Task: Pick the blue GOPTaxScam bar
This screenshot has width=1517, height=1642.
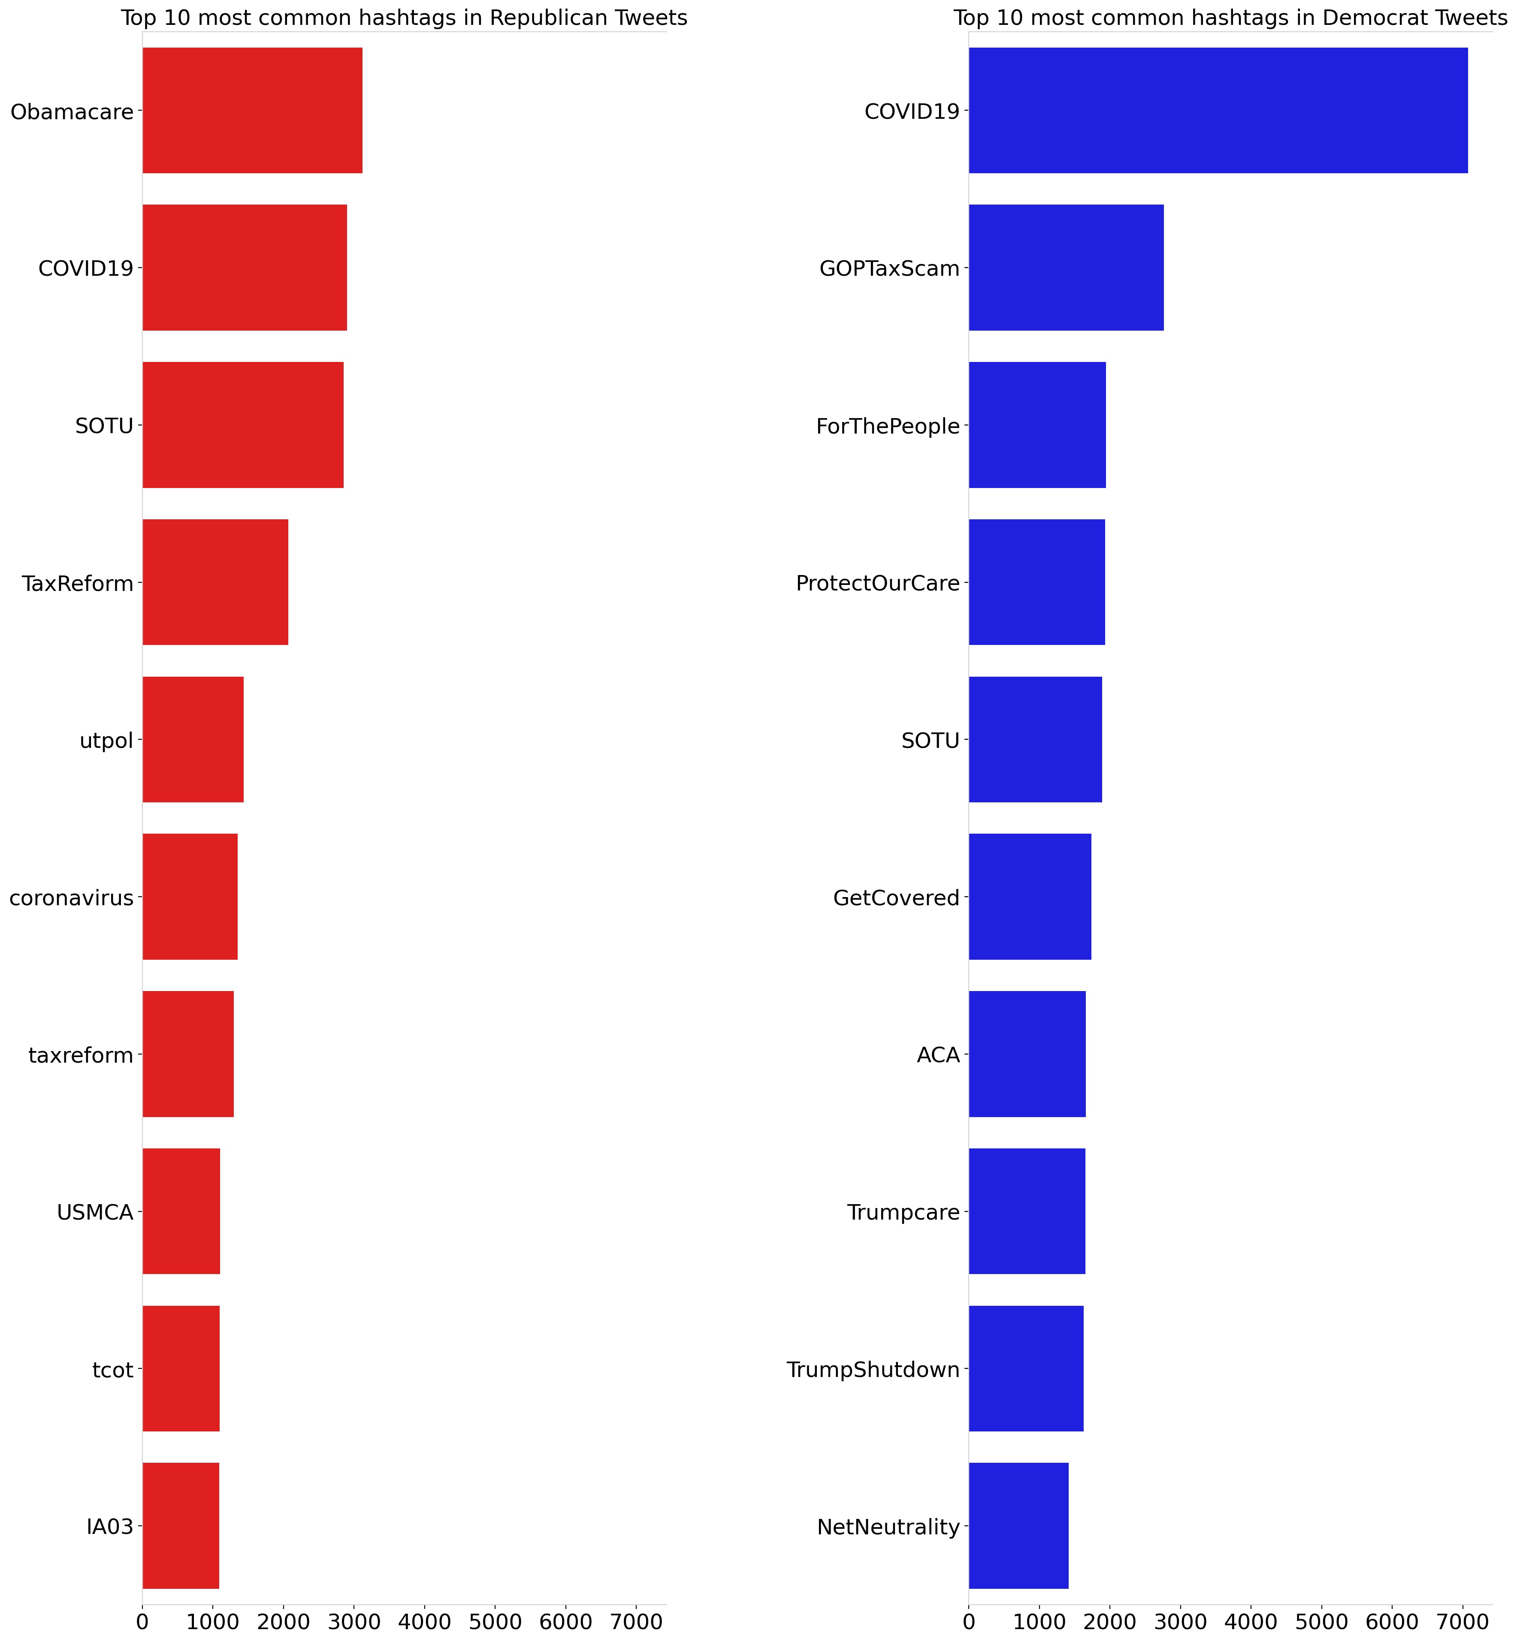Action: click(1066, 268)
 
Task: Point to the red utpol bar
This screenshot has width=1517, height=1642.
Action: click(193, 739)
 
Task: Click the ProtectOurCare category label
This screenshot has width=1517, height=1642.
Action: click(877, 584)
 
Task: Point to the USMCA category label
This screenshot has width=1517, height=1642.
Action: click(95, 1212)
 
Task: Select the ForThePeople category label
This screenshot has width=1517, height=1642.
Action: click(887, 426)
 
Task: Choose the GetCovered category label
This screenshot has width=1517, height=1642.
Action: click(896, 898)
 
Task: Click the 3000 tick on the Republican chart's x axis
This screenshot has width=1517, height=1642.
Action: click(354, 1621)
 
